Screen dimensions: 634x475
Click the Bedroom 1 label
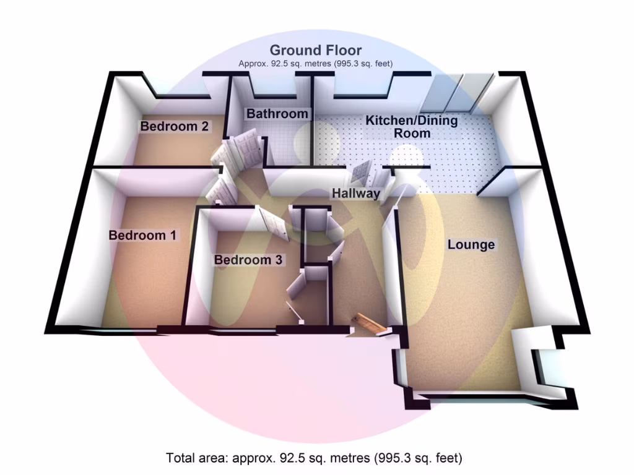(142, 236)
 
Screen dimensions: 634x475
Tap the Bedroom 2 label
(174, 127)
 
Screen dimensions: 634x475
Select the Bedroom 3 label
(248, 260)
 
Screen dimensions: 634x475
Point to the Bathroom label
(277, 114)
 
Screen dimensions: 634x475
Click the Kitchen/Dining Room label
(412, 126)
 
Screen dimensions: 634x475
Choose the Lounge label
(471, 245)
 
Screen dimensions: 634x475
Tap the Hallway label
(355, 194)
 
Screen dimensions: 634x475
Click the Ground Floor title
(316, 50)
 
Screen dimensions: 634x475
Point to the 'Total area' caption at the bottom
(315, 458)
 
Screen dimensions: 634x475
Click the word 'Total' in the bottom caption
(180, 458)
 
